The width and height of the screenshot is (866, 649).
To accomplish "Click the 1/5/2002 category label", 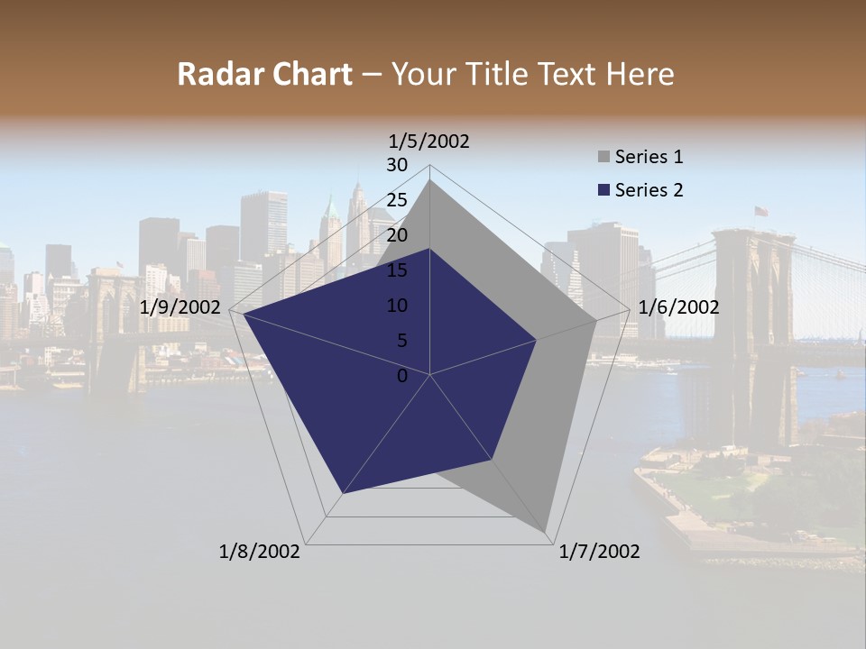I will (429, 141).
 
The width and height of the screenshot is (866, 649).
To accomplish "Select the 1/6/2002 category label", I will (678, 307).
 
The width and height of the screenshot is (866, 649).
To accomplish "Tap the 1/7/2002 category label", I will (599, 552).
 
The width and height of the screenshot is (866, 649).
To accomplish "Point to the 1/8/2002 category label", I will (260, 552).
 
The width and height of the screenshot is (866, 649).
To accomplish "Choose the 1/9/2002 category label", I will (180, 307).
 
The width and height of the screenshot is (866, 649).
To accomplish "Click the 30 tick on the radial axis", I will (397, 165).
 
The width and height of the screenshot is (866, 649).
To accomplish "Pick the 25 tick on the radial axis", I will (397, 200).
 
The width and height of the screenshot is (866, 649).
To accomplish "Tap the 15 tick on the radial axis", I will (397, 270).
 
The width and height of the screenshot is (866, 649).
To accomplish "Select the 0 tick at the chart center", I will (402, 376).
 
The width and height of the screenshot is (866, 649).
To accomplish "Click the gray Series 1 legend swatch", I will (603, 157).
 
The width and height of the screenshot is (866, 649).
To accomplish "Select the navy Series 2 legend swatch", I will (603, 190).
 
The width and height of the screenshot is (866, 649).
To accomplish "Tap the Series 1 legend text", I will (649, 157).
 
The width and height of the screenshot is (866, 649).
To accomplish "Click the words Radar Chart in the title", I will (263, 74).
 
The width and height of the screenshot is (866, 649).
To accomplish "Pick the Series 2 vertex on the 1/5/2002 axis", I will (430, 249).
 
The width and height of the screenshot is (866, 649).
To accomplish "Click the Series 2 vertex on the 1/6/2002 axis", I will (537, 340).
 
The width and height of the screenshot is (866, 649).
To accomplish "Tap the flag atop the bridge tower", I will (761, 211).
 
